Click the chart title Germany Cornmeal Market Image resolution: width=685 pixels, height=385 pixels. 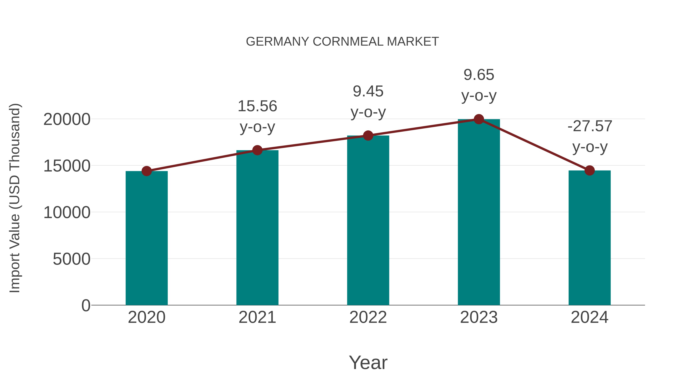pos(342,42)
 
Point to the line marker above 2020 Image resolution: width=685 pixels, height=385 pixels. pos(147,171)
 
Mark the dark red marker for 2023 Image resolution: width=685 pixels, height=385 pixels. pos(479,119)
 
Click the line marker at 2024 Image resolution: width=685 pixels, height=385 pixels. pos(589,171)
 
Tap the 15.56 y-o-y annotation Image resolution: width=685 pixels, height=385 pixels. pos(257,116)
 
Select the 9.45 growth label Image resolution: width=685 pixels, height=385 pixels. pos(368,102)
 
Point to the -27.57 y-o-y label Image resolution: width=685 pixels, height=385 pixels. pos(589,136)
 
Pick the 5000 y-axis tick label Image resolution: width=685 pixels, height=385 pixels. pos(72,259)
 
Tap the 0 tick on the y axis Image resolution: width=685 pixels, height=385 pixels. pos(86,306)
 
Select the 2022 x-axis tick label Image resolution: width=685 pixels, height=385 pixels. pos(368,317)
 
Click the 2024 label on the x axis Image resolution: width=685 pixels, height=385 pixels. pos(589,317)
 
